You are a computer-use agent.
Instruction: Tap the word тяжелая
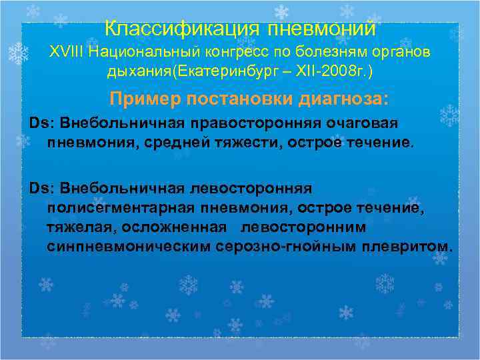pyautogui.click(x=80, y=227)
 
